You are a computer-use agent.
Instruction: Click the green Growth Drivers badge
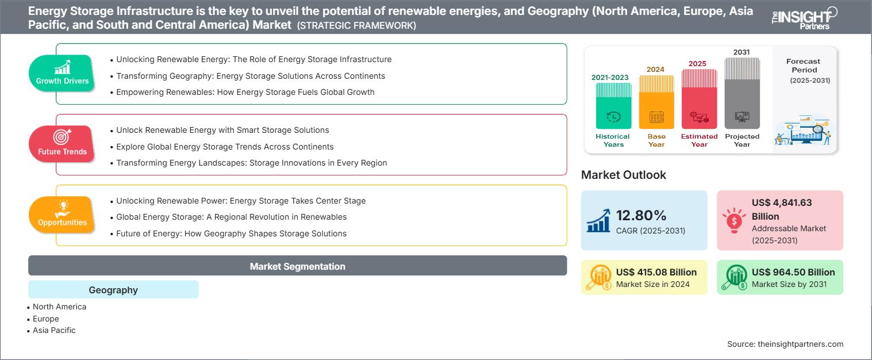(x=62, y=74)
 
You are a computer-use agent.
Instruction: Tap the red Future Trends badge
(x=62, y=144)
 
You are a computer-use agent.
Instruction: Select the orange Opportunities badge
(x=62, y=215)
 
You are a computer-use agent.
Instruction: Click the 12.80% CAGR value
(x=641, y=216)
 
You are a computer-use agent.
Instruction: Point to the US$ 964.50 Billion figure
(x=793, y=272)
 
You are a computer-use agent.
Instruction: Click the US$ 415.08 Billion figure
(x=656, y=272)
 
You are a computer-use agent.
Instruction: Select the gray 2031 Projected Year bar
(x=742, y=93)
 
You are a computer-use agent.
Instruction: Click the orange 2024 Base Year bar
(x=656, y=102)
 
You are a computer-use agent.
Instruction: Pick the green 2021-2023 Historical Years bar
(x=613, y=106)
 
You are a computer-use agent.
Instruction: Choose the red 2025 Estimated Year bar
(x=699, y=99)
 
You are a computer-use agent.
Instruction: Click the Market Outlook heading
(x=623, y=175)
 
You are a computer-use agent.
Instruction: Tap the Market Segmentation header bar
(x=297, y=266)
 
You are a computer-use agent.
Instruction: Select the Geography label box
(x=113, y=289)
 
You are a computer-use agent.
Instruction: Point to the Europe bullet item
(x=43, y=319)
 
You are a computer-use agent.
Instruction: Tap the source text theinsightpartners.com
(x=800, y=344)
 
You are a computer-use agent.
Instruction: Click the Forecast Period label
(x=804, y=66)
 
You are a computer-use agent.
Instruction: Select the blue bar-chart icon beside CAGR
(x=599, y=220)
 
